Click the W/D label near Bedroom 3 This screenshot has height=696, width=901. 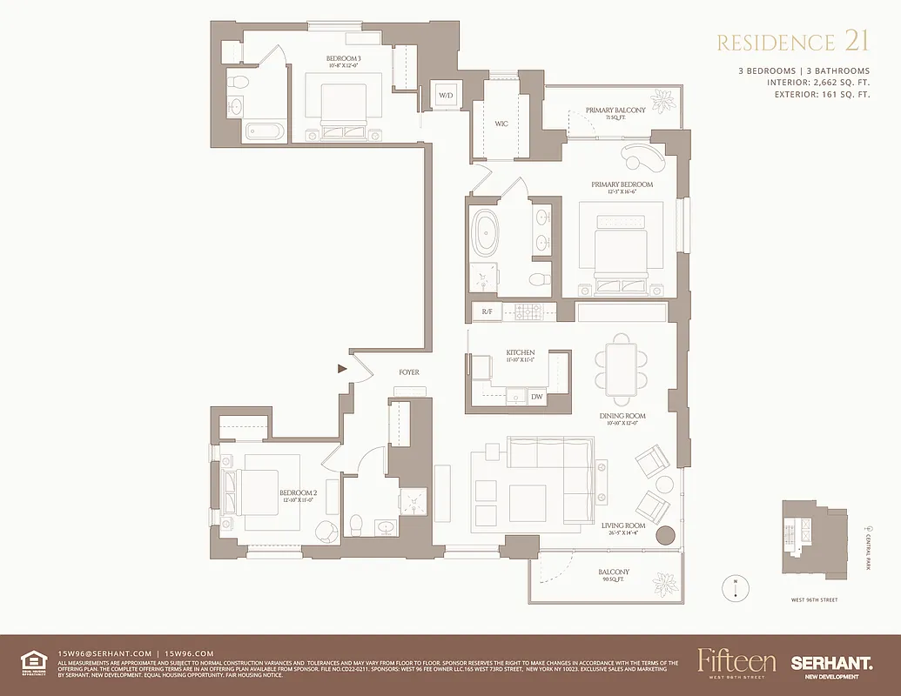(x=446, y=95)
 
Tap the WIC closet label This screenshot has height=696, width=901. (x=501, y=124)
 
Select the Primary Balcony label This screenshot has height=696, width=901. (x=615, y=111)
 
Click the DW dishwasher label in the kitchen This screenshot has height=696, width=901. (x=537, y=397)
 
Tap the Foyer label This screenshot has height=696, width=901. (x=409, y=372)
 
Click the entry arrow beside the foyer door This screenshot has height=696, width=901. (x=341, y=369)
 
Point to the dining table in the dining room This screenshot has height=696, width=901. (x=621, y=366)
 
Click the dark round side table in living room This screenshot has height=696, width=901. (x=666, y=536)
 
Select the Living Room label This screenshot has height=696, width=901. (x=623, y=526)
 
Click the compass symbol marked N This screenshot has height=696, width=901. (x=736, y=587)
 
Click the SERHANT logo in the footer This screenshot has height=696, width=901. (x=831, y=664)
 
